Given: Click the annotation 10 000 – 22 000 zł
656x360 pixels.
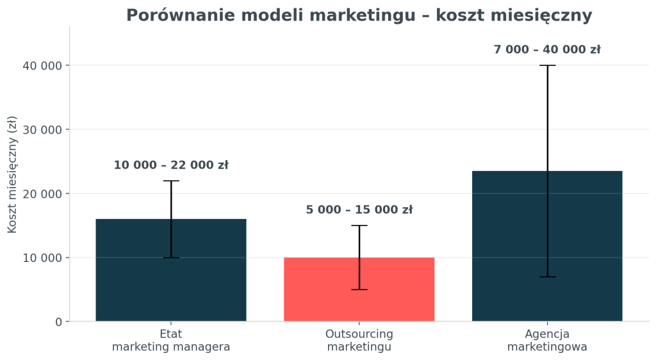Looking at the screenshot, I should pos(171,165).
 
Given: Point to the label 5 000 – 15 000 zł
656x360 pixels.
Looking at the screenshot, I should pos(359,210).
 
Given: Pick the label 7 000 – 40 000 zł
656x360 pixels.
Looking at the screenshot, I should pos(547,49).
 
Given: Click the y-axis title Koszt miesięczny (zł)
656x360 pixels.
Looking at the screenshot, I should pos(12,174).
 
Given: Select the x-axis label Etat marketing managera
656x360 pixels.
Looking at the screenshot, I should pos(171,340).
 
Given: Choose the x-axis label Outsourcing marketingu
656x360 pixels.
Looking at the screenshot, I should pos(359,340).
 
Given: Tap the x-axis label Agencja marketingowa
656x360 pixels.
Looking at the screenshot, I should pos(547,340).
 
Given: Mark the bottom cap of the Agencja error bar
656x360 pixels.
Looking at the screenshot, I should pos(547,277).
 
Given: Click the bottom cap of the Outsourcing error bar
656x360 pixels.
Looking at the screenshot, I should pos(359,290).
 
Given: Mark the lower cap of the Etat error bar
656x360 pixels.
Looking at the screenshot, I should pos(171,258).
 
